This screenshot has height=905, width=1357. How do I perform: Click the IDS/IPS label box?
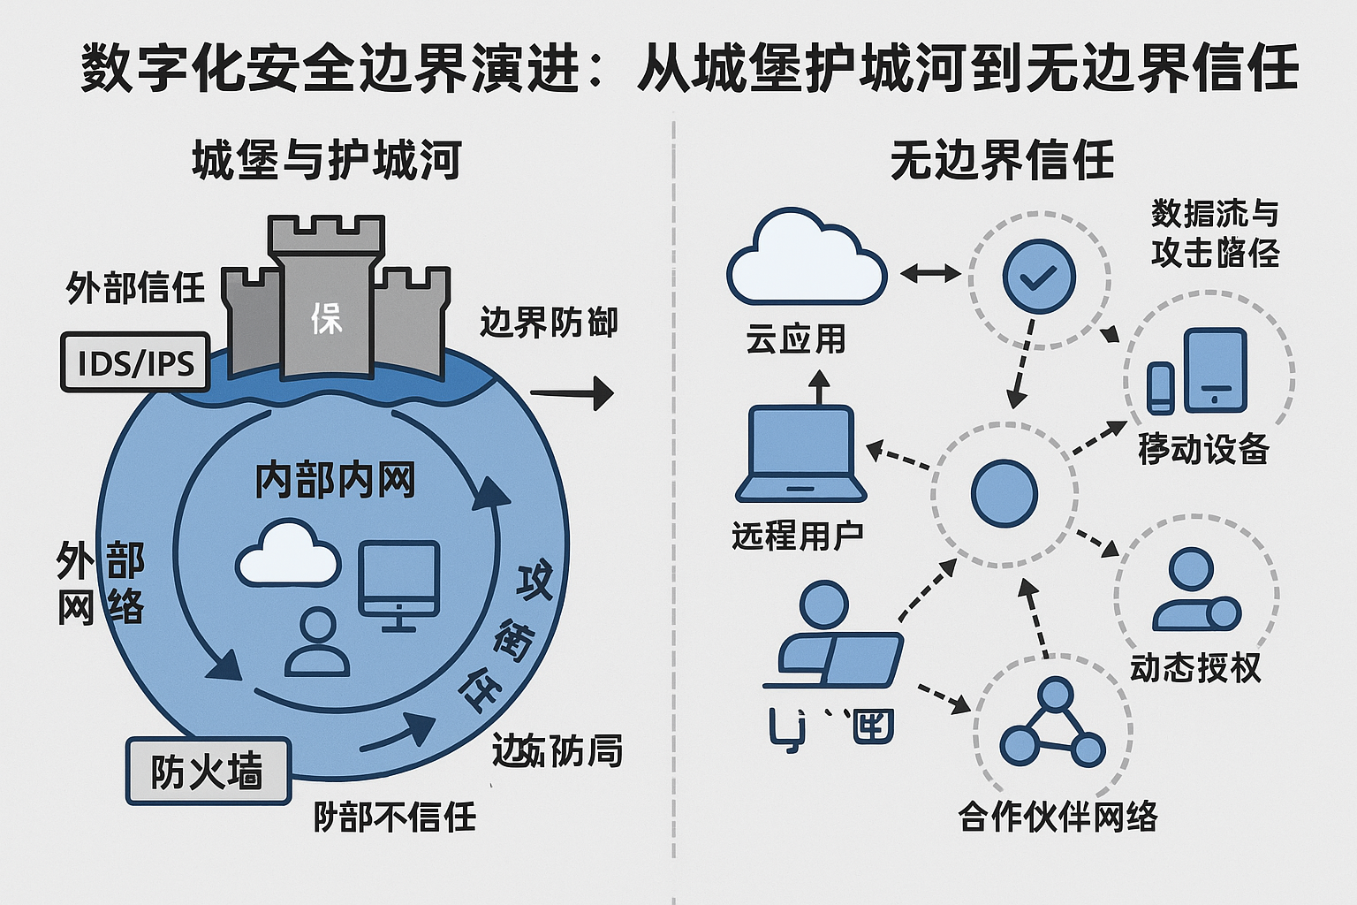pos(135,362)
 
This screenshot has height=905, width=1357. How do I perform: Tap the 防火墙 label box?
pos(208,771)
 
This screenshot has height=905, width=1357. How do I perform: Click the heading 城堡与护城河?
pos(326,161)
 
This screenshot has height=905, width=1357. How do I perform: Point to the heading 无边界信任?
pos(1002,161)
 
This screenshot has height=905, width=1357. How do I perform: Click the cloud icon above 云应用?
pos(806,260)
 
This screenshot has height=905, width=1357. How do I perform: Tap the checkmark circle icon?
pos(1039,278)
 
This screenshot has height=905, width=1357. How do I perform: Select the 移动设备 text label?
pos(1203,449)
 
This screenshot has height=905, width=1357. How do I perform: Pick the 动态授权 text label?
pos(1195,667)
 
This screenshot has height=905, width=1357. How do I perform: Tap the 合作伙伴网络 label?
pos(1058,817)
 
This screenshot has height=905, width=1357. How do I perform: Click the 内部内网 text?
pos(335,481)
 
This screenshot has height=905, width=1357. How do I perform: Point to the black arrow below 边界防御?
pos(572,393)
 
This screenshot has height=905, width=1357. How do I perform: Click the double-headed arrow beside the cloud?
pos(929,273)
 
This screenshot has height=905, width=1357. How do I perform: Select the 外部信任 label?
pos(135,288)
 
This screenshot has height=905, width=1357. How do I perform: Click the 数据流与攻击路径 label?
pos(1215,233)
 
